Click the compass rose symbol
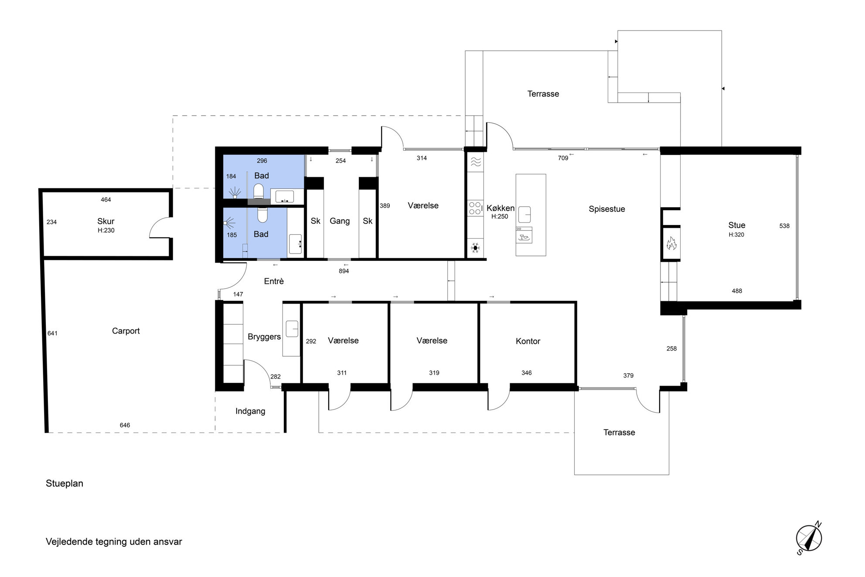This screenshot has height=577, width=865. (809, 538)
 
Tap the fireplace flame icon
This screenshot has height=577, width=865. (671, 243)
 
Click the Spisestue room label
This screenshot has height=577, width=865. (607, 209)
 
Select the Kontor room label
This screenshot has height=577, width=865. (528, 341)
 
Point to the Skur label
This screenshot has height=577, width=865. (106, 221)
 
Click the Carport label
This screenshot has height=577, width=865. (126, 331)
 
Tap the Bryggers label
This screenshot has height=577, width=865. (264, 337)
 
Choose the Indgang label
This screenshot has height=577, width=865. (250, 411)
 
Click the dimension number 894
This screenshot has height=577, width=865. (344, 271)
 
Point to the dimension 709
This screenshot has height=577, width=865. (563, 158)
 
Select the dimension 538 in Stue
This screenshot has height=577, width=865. (784, 226)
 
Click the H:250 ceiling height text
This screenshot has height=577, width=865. (500, 217)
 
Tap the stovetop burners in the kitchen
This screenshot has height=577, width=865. (475, 208)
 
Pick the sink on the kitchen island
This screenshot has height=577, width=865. (524, 214)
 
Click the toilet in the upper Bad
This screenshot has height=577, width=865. (259, 191)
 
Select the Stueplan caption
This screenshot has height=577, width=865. (65, 483)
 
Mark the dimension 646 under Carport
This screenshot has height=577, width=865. (125, 425)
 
